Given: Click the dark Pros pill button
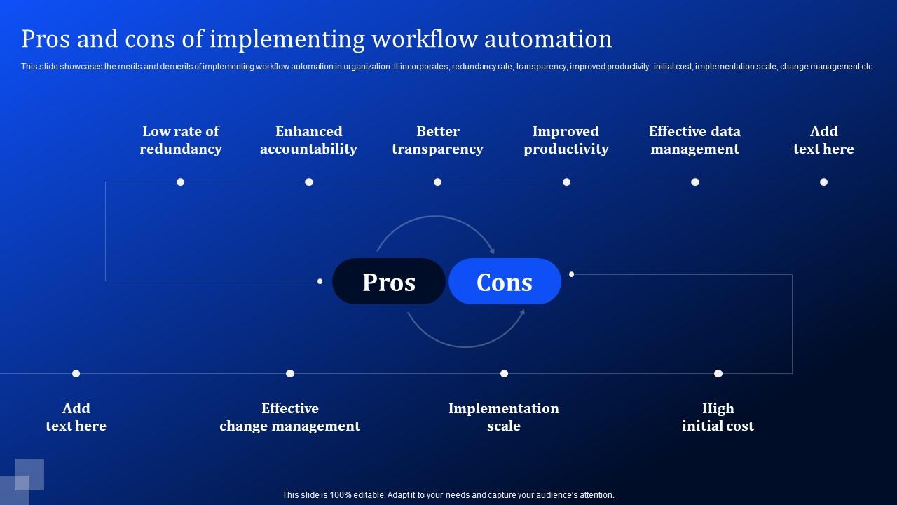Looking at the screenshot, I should (389, 281).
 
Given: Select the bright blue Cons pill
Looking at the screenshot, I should (505, 281).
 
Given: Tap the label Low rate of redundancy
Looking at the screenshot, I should (181, 140).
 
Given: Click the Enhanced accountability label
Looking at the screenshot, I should (308, 140).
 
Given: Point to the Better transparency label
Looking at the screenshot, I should (437, 140).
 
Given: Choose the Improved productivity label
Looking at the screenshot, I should (566, 140).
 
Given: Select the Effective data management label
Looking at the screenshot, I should (694, 140).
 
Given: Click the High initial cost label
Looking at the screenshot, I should (718, 417).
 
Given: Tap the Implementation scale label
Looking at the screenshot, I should (504, 417).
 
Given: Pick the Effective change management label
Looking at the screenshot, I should (289, 417).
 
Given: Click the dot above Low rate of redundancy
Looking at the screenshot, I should (180, 182).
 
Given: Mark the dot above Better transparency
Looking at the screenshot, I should (437, 182).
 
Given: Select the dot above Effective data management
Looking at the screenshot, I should (695, 182).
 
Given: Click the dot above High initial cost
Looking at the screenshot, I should (718, 374).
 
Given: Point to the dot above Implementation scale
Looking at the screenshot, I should (504, 374).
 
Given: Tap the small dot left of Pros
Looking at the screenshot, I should (320, 281).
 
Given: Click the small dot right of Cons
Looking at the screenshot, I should (572, 274).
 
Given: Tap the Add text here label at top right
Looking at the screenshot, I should (823, 140).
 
